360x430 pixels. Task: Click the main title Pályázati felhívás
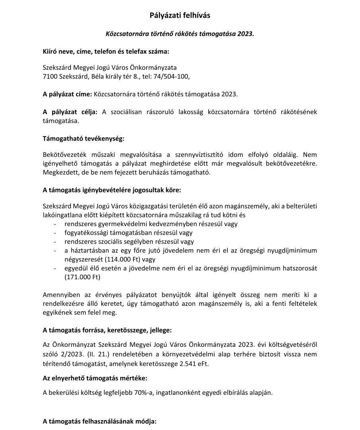click(x=180, y=16)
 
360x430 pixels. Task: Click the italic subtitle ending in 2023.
click(x=180, y=34)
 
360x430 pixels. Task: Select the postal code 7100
click(x=50, y=76)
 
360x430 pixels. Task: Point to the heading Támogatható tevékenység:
click(x=83, y=139)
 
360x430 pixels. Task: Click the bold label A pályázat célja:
click(x=70, y=112)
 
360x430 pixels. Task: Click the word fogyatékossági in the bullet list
click(x=86, y=233)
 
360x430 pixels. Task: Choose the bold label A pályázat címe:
click(x=67, y=94)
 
